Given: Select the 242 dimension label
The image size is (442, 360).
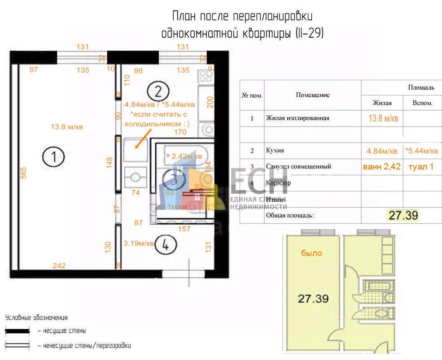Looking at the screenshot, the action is [x=59, y=265].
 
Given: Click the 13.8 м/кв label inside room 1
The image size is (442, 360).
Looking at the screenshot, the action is [x=67, y=127].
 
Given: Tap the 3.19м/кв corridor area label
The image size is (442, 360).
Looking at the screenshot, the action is [x=139, y=243].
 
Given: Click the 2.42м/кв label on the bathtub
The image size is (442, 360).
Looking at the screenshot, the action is [x=187, y=156].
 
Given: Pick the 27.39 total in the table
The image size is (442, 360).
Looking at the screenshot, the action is [x=403, y=215].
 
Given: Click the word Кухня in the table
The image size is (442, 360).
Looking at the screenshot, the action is [x=275, y=151].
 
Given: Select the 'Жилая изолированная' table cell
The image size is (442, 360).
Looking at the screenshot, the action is [x=298, y=118].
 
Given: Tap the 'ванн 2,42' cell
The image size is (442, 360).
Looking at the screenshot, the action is [x=381, y=166].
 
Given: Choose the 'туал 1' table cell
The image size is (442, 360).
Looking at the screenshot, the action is [x=421, y=166].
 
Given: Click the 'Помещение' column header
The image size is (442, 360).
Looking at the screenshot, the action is [x=313, y=95].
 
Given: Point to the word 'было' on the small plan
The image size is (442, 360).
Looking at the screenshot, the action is [x=311, y=253].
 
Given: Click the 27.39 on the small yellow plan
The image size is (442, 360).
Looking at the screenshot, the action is [x=313, y=298].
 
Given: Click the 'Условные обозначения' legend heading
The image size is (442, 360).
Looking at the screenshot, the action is [x=37, y=318].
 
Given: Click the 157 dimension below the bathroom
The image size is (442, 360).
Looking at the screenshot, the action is [x=184, y=229].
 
